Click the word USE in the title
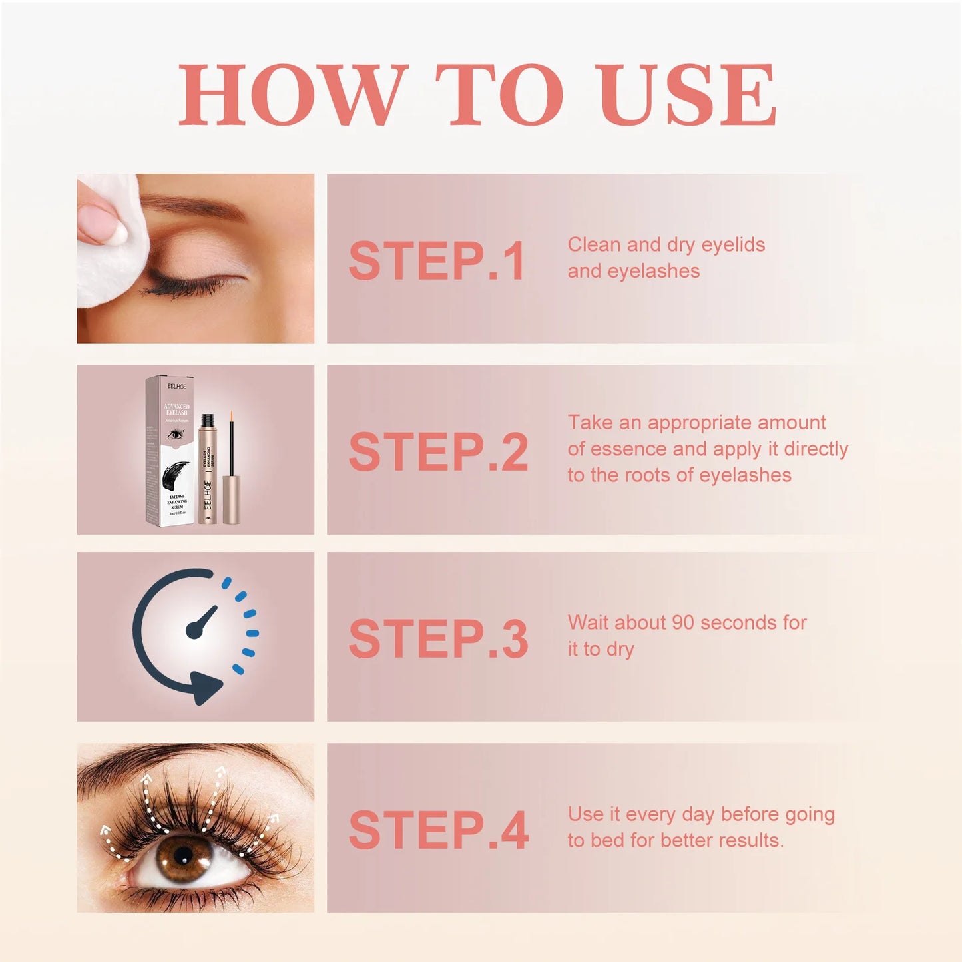(688, 95)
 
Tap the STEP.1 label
(437, 261)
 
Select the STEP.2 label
(438, 452)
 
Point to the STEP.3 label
(438, 639)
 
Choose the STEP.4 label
(438, 830)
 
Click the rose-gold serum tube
(209, 476)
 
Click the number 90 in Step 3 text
(682, 623)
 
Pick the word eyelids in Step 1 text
(733, 245)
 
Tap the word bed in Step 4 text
(607, 840)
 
